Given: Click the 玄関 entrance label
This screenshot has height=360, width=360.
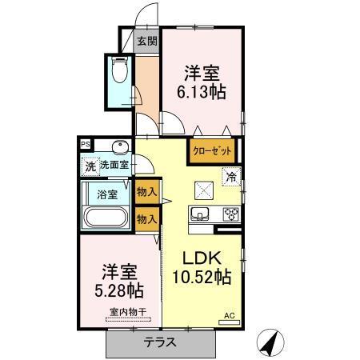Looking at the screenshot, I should pos(146,42).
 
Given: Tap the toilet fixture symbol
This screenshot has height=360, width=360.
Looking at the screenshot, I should pos(121,73).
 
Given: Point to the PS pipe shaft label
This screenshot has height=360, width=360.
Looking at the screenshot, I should pos(84,144).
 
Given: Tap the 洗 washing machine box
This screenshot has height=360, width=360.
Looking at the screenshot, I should pos(90,166).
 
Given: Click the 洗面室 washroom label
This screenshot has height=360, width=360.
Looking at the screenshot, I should pos(113,166).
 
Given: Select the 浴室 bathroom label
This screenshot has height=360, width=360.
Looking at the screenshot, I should pos(106,194).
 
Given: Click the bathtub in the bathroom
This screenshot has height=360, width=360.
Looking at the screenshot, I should pos(106,218).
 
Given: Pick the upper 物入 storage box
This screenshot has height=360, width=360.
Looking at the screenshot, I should pos(146,193).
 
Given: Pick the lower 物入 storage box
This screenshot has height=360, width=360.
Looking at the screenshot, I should pos(146,218).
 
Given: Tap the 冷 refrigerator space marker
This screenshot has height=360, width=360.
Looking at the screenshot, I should pos(230,178).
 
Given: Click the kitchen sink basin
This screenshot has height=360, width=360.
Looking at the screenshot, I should pos(199,214).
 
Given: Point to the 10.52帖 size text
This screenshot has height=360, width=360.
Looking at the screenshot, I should pos(202,278).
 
